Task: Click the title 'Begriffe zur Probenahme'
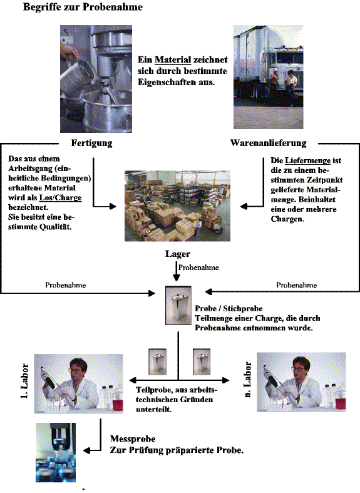[83, 7]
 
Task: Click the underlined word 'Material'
[173, 60]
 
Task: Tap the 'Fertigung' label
[92, 143]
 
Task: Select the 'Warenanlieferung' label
[268, 143]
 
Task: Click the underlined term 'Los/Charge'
[60, 198]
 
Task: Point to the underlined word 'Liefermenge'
[307, 160]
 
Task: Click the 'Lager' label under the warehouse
[177, 254]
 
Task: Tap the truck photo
[268, 77]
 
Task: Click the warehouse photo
[177, 206]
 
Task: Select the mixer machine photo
[96, 79]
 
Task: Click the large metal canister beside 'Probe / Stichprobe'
[178, 305]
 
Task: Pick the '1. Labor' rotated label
[24, 381]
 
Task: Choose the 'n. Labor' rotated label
[247, 380]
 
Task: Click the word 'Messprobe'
[133, 439]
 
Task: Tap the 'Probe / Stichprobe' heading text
[229, 308]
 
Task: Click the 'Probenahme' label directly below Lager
[198, 267]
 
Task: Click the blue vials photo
[56, 452]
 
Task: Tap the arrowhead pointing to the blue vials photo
[87, 451]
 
